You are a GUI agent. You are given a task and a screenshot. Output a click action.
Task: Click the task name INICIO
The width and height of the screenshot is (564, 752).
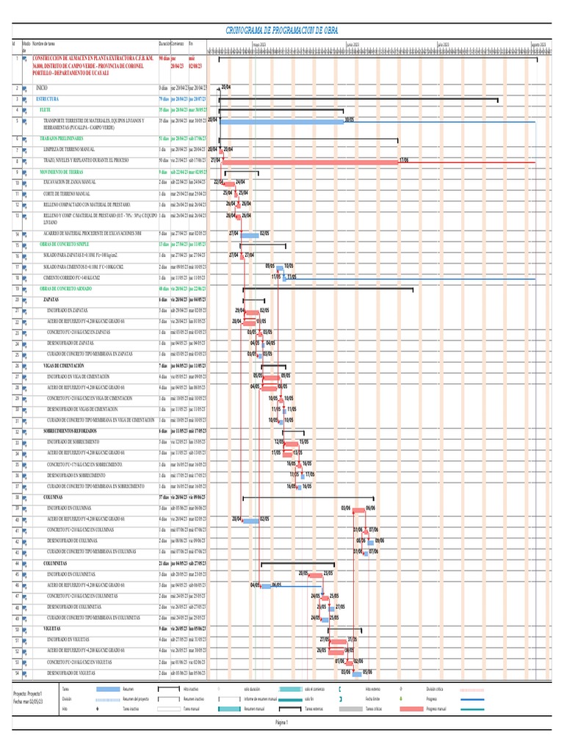click(42, 87)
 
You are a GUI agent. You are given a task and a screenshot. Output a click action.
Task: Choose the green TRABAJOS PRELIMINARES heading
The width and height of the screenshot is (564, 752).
click(62, 138)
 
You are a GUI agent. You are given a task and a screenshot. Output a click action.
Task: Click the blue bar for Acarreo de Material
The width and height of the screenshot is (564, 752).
click(251, 233)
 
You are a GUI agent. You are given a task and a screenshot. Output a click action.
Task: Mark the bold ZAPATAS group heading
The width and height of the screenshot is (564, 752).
click(51, 300)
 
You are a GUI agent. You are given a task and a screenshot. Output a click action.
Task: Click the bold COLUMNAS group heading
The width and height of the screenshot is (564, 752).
click(53, 497)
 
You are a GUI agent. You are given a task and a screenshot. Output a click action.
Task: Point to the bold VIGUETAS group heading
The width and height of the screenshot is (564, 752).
click(51, 629)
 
